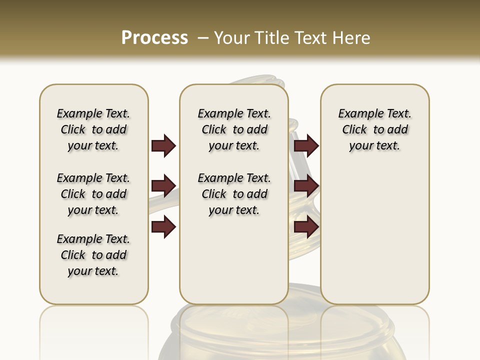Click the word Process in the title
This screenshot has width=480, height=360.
154,38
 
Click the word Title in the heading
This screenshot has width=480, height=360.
270,38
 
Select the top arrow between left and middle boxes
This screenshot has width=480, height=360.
163,145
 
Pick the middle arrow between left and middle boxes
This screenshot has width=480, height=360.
163,186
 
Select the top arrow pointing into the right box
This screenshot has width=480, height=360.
306,145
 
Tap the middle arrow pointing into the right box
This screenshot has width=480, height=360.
306,186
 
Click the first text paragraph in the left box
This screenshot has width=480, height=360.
93,129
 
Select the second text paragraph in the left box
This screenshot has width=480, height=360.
93,194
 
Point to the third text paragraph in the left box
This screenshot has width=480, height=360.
93,255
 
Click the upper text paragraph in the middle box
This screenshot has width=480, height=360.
234,129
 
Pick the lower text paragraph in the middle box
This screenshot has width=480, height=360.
234,194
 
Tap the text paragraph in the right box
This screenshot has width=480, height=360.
374,129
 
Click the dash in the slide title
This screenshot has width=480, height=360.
203,38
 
